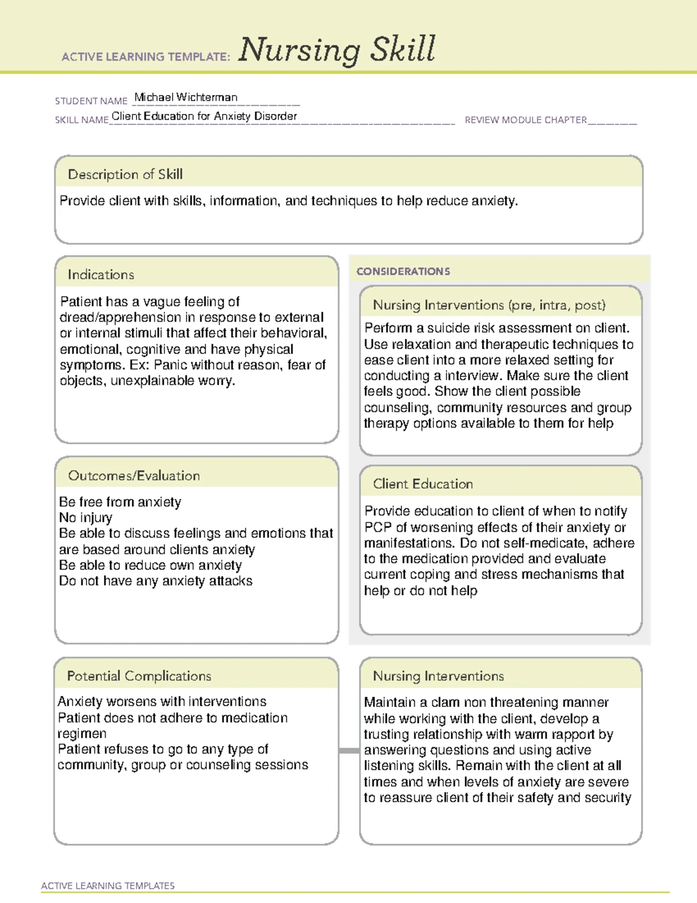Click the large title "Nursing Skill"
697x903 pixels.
pos(337,50)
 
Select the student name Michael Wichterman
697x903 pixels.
pos(186,97)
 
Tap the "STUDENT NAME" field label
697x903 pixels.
pos(91,101)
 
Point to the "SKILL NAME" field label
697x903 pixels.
pos(82,120)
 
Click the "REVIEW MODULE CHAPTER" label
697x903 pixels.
pos(526,120)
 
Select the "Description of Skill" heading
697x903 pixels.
pos(125,174)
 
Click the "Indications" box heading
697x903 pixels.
pos(101,274)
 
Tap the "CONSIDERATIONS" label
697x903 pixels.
pos(403,272)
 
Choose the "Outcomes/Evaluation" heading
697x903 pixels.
pos(134,476)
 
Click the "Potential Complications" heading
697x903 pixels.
pos(139,676)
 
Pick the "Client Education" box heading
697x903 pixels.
pos(423,484)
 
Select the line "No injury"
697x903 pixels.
pos(86,517)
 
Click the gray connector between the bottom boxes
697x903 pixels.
pos(349,751)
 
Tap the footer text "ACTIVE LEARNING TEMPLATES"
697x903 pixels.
pos(108,886)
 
